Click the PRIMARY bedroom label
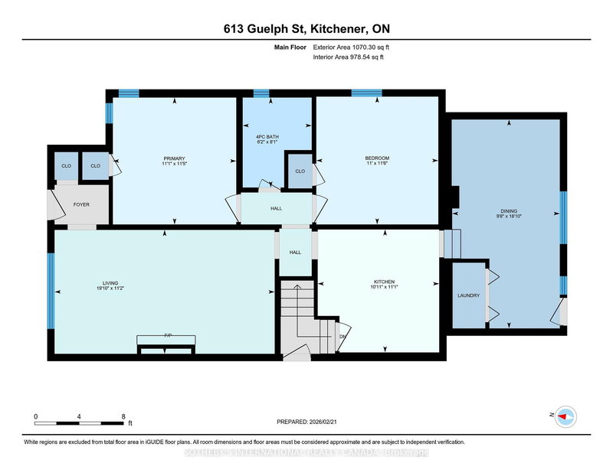coord(174,158)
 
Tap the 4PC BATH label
coord(267,137)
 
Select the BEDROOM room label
coord(377,158)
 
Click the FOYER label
coord(81,204)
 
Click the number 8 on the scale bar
coord(123,416)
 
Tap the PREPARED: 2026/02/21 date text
coord(306,422)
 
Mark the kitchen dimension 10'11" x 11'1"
coord(379,289)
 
